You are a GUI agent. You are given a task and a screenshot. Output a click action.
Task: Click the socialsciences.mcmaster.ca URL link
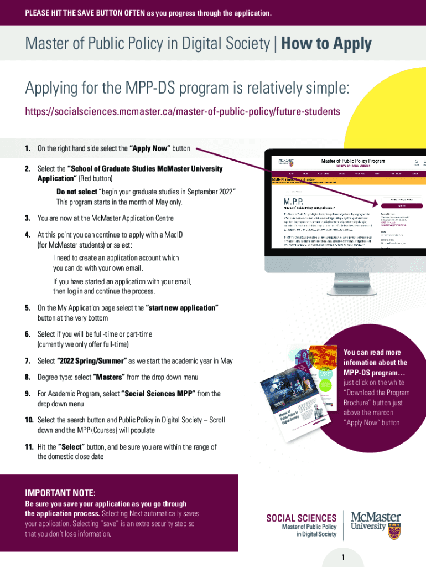(182, 112)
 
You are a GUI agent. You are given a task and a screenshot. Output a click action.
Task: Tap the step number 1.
(27, 149)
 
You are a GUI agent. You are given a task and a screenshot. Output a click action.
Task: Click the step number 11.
(29, 447)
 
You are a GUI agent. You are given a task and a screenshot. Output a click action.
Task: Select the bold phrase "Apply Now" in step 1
(149, 149)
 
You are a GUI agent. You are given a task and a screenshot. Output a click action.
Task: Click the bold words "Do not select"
(76, 192)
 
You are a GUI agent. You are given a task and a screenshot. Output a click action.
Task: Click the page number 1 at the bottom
(343, 558)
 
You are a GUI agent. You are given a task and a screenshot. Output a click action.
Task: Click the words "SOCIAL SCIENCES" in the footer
(302, 518)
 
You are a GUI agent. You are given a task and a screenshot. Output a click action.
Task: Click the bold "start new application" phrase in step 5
(182, 308)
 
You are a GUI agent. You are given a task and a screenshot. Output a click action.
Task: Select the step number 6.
(27, 334)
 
